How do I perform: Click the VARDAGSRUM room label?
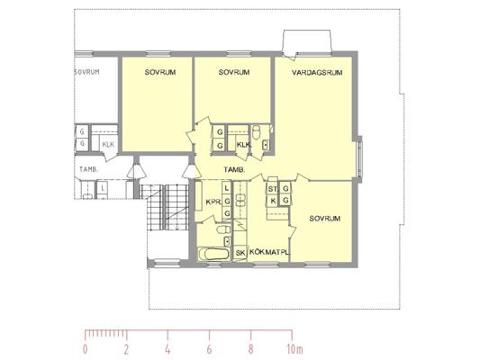click(317, 73)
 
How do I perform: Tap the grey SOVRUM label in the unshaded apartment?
click(87, 72)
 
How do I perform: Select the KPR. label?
click(213, 202)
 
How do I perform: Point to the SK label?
click(240, 253)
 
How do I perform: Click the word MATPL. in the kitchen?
click(277, 252)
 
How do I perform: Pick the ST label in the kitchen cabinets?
click(273, 189)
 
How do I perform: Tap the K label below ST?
click(274, 201)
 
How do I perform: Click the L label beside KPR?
click(227, 188)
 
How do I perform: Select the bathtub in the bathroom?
click(214, 254)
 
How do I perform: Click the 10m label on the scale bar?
click(294, 349)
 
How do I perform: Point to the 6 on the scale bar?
click(209, 349)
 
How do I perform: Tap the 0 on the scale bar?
click(85, 349)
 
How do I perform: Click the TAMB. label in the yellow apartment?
click(234, 169)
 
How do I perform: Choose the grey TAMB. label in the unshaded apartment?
click(89, 169)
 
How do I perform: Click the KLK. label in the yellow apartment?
click(244, 144)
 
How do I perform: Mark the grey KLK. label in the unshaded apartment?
click(109, 144)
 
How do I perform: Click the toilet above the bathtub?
click(223, 229)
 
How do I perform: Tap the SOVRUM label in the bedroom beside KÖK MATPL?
click(324, 219)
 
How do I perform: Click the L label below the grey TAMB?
click(104, 189)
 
